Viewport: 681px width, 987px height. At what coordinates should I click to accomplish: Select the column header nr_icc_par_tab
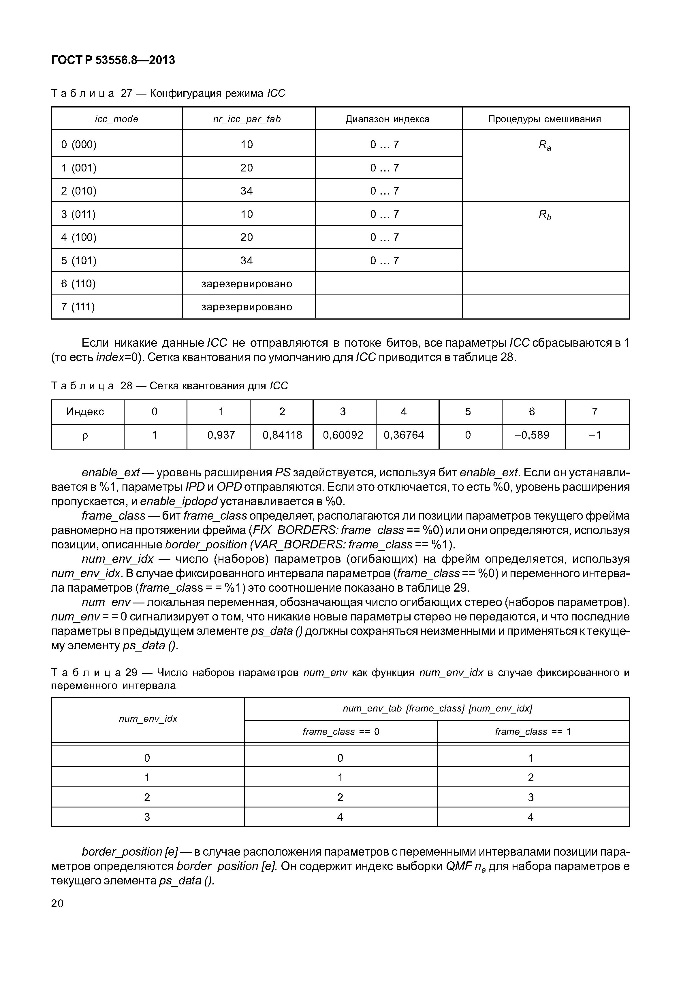247,119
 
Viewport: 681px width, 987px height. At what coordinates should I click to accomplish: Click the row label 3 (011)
78,214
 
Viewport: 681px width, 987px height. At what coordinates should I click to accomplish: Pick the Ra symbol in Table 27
544,146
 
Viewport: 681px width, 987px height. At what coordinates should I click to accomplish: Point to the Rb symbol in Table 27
544,215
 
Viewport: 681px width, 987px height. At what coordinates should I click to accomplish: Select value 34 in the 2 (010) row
247,191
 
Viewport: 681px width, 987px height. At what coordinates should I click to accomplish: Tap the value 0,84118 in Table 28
282,435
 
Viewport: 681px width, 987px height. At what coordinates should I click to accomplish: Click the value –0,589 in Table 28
532,435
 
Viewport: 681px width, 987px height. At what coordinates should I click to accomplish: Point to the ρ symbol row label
85,435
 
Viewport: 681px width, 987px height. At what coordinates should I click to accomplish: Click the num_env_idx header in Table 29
148,719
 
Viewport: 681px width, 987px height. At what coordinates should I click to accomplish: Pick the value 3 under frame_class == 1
530,797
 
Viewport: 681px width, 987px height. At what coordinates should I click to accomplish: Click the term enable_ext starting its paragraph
111,473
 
